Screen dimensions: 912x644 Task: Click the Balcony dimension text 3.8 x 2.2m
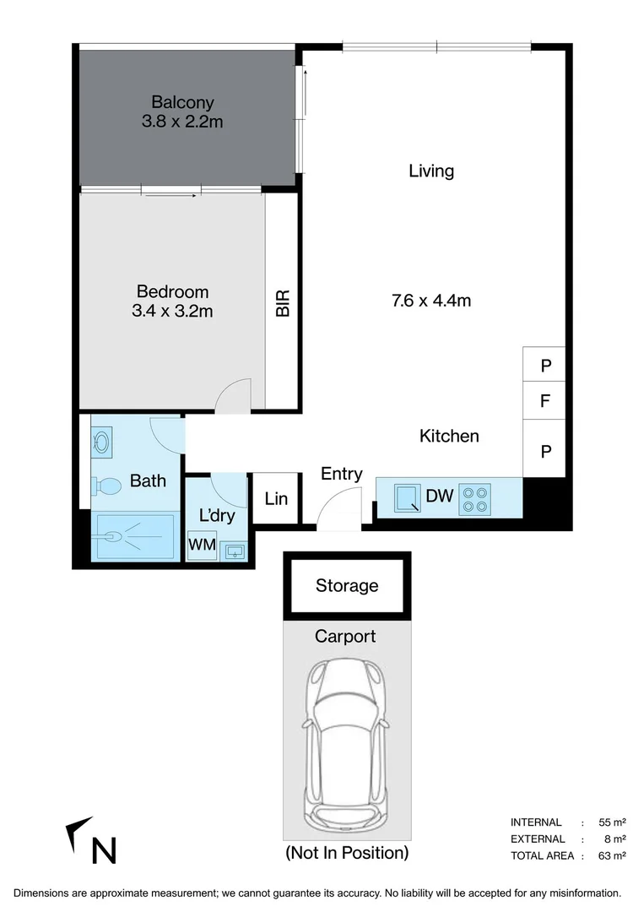click(182, 122)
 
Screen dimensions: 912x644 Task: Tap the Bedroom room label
click(172, 292)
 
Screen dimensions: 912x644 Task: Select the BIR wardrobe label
click(283, 303)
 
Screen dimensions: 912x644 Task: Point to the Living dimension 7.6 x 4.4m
click(431, 300)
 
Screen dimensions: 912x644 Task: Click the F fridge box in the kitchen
click(545, 401)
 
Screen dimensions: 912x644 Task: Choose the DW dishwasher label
click(439, 496)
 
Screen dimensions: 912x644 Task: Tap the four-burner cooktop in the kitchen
click(475, 498)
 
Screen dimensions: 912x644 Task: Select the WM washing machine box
click(201, 545)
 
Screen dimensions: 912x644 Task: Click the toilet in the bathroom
click(106, 486)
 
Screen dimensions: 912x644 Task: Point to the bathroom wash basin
click(102, 442)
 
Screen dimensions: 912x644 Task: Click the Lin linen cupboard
click(276, 499)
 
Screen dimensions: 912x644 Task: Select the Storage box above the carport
click(347, 585)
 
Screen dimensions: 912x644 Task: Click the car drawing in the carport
click(347, 744)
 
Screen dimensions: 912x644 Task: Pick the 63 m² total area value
click(612, 855)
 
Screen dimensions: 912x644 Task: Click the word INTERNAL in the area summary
click(536, 822)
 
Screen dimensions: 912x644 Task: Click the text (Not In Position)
click(347, 852)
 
